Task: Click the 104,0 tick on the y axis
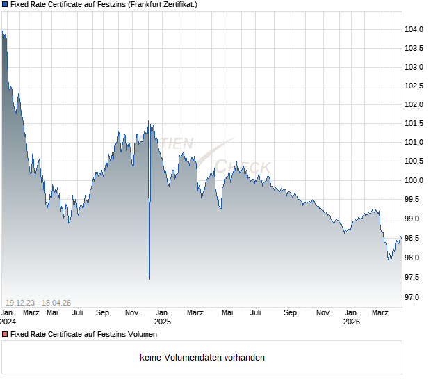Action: pyautogui.click(x=414, y=29)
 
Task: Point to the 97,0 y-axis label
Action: pyautogui.click(x=414, y=297)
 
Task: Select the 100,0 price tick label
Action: pyautogui.click(x=414, y=180)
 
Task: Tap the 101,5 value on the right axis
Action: pyautogui.click(x=414, y=123)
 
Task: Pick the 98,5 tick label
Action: pyautogui.click(x=414, y=238)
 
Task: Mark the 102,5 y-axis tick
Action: pyautogui.click(x=414, y=86)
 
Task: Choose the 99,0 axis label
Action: pyautogui.click(x=414, y=219)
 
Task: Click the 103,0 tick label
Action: pyautogui.click(x=414, y=67)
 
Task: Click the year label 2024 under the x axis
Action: pyautogui.click(x=8, y=322)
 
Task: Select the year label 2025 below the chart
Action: pyautogui.click(x=162, y=322)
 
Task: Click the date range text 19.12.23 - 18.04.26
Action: pyautogui.click(x=38, y=302)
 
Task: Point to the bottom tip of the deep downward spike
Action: pyautogui.click(x=149, y=278)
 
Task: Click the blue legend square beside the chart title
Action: pyautogui.click(x=5, y=5)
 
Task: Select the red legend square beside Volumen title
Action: pyautogui.click(x=5, y=334)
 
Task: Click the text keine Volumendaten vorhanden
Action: pyautogui.click(x=202, y=358)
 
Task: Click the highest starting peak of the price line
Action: pyautogui.click(x=3, y=31)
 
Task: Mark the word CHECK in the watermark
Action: pyautogui.click(x=242, y=166)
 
